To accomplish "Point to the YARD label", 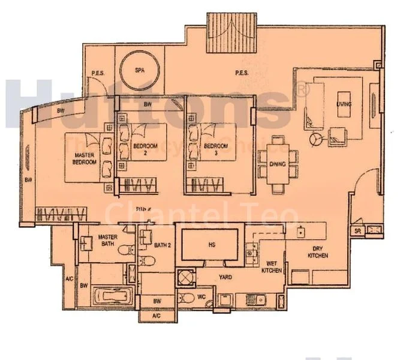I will (225, 277).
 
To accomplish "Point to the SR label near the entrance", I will (357, 230).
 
